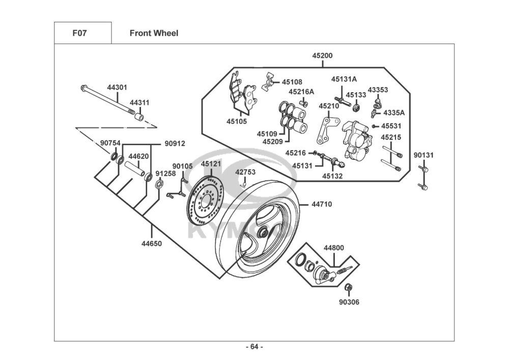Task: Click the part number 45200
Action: tap(323, 56)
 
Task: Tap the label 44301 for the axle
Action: tap(117, 88)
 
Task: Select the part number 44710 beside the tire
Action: tap(321, 204)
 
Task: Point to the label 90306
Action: tap(349, 302)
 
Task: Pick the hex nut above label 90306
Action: tap(348, 288)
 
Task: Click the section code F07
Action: tap(80, 34)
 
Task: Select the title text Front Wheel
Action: tap(154, 34)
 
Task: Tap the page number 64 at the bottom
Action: tap(254, 347)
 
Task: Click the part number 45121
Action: tap(211, 164)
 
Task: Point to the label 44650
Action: tap(152, 243)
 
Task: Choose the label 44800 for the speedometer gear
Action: tap(334, 248)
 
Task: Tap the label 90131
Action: tap(423, 155)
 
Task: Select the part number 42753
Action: tap(245, 172)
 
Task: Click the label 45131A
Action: tap(344, 79)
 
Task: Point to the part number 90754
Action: tap(110, 143)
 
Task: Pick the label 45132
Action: tap(332, 176)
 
